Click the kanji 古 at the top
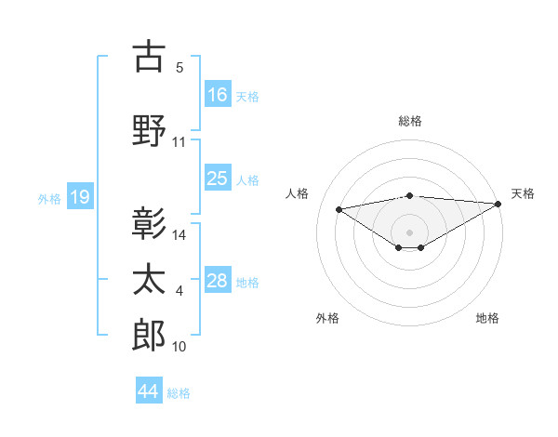149,57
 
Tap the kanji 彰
149,223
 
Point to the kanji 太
149,280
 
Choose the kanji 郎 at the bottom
149,336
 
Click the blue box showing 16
218,95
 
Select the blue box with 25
218,179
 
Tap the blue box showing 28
218,281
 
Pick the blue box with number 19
79,197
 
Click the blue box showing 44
149,391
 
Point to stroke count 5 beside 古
179,67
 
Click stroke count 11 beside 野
179,142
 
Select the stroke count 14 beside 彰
180,235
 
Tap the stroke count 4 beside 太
179,292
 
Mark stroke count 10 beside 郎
179,347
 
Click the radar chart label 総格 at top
409,121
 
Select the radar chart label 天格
523,193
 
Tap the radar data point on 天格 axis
498,204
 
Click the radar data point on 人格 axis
339,208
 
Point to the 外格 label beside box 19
49,198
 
